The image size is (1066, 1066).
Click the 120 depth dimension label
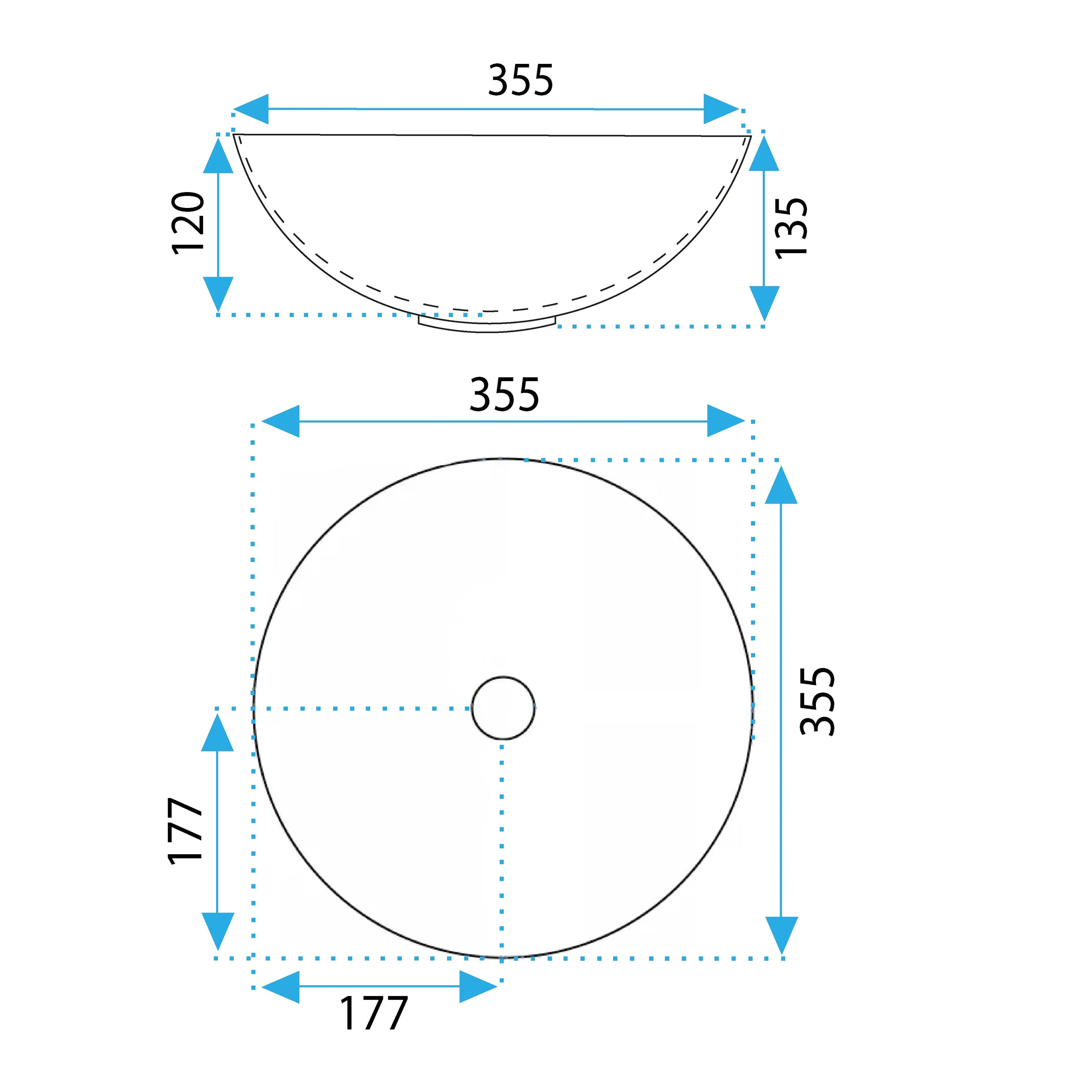(x=188, y=223)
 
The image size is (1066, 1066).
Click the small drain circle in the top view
(x=503, y=708)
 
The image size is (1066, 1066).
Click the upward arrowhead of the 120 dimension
(x=218, y=155)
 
